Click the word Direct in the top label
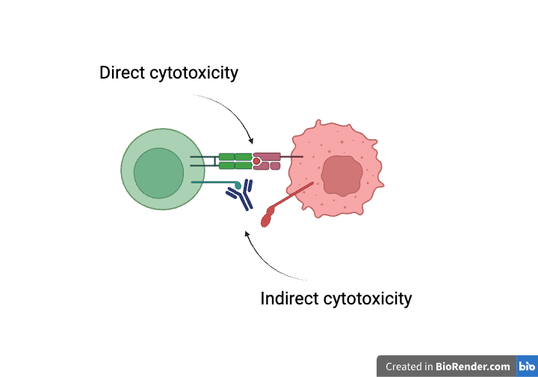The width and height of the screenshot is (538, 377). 124,73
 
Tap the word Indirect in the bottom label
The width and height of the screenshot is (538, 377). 290,298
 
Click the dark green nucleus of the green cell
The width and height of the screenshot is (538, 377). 158,173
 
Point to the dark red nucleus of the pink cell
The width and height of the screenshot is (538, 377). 342,176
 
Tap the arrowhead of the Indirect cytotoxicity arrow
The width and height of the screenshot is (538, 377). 247,234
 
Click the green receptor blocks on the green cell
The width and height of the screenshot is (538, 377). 235,161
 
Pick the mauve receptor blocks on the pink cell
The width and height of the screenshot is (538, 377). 268,157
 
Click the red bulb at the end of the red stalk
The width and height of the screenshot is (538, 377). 267,218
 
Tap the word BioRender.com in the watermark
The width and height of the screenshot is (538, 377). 474,367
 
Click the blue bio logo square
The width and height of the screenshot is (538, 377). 527,367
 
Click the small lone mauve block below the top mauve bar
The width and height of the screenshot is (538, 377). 275,165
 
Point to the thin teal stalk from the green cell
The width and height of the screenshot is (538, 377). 213,183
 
